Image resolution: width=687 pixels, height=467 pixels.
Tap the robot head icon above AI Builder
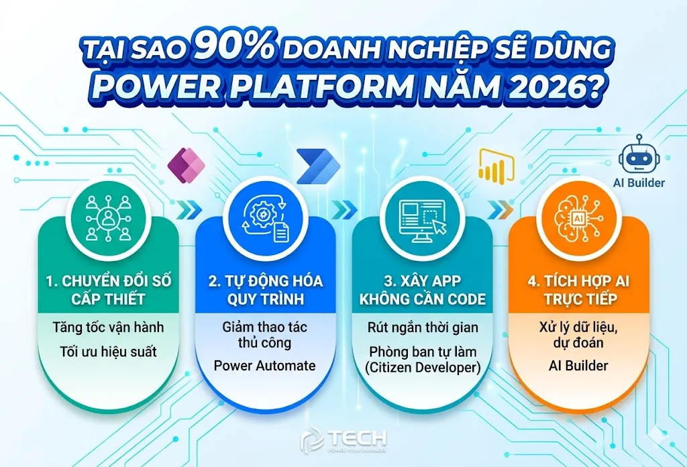(639, 155)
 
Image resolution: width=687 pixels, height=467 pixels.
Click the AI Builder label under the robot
(639, 183)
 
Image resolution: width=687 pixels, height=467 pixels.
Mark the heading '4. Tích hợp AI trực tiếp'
(579, 289)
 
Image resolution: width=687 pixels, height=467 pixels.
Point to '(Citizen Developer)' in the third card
(423, 368)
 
